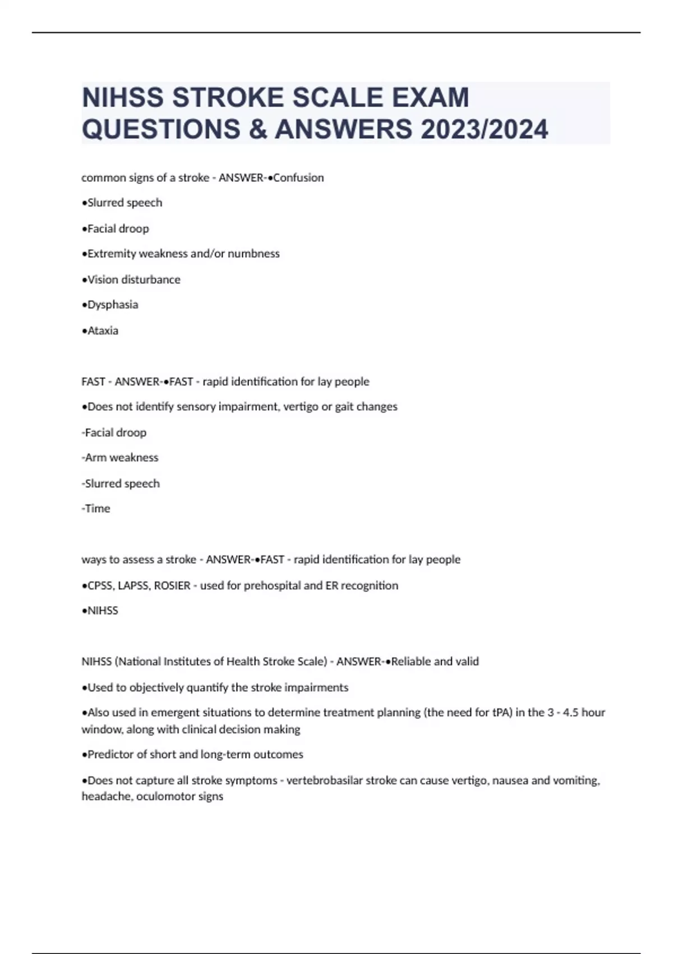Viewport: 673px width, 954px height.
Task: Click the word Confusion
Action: [298, 178]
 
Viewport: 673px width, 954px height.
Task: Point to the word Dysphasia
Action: [113, 305]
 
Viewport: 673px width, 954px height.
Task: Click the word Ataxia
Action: [103, 331]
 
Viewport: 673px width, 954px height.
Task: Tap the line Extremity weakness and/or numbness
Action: [181, 254]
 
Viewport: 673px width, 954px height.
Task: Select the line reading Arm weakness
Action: [120, 457]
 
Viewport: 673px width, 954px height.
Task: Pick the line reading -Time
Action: [96, 508]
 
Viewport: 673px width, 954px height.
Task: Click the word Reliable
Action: [411, 662]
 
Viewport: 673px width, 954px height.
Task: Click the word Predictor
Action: [111, 754]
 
